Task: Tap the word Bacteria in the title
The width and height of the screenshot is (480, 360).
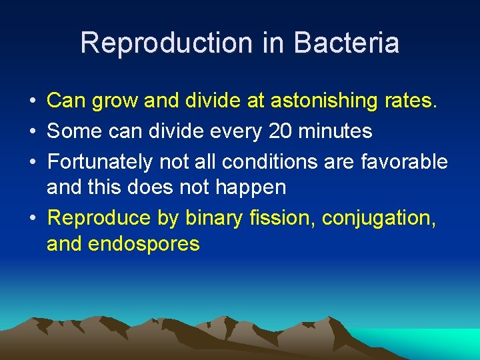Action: pyautogui.click(x=346, y=43)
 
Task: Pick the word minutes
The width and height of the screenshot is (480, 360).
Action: pyautogui.click(x=336, y=131)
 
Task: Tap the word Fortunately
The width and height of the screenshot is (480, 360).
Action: pyautogui.click(x=99, y=161)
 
